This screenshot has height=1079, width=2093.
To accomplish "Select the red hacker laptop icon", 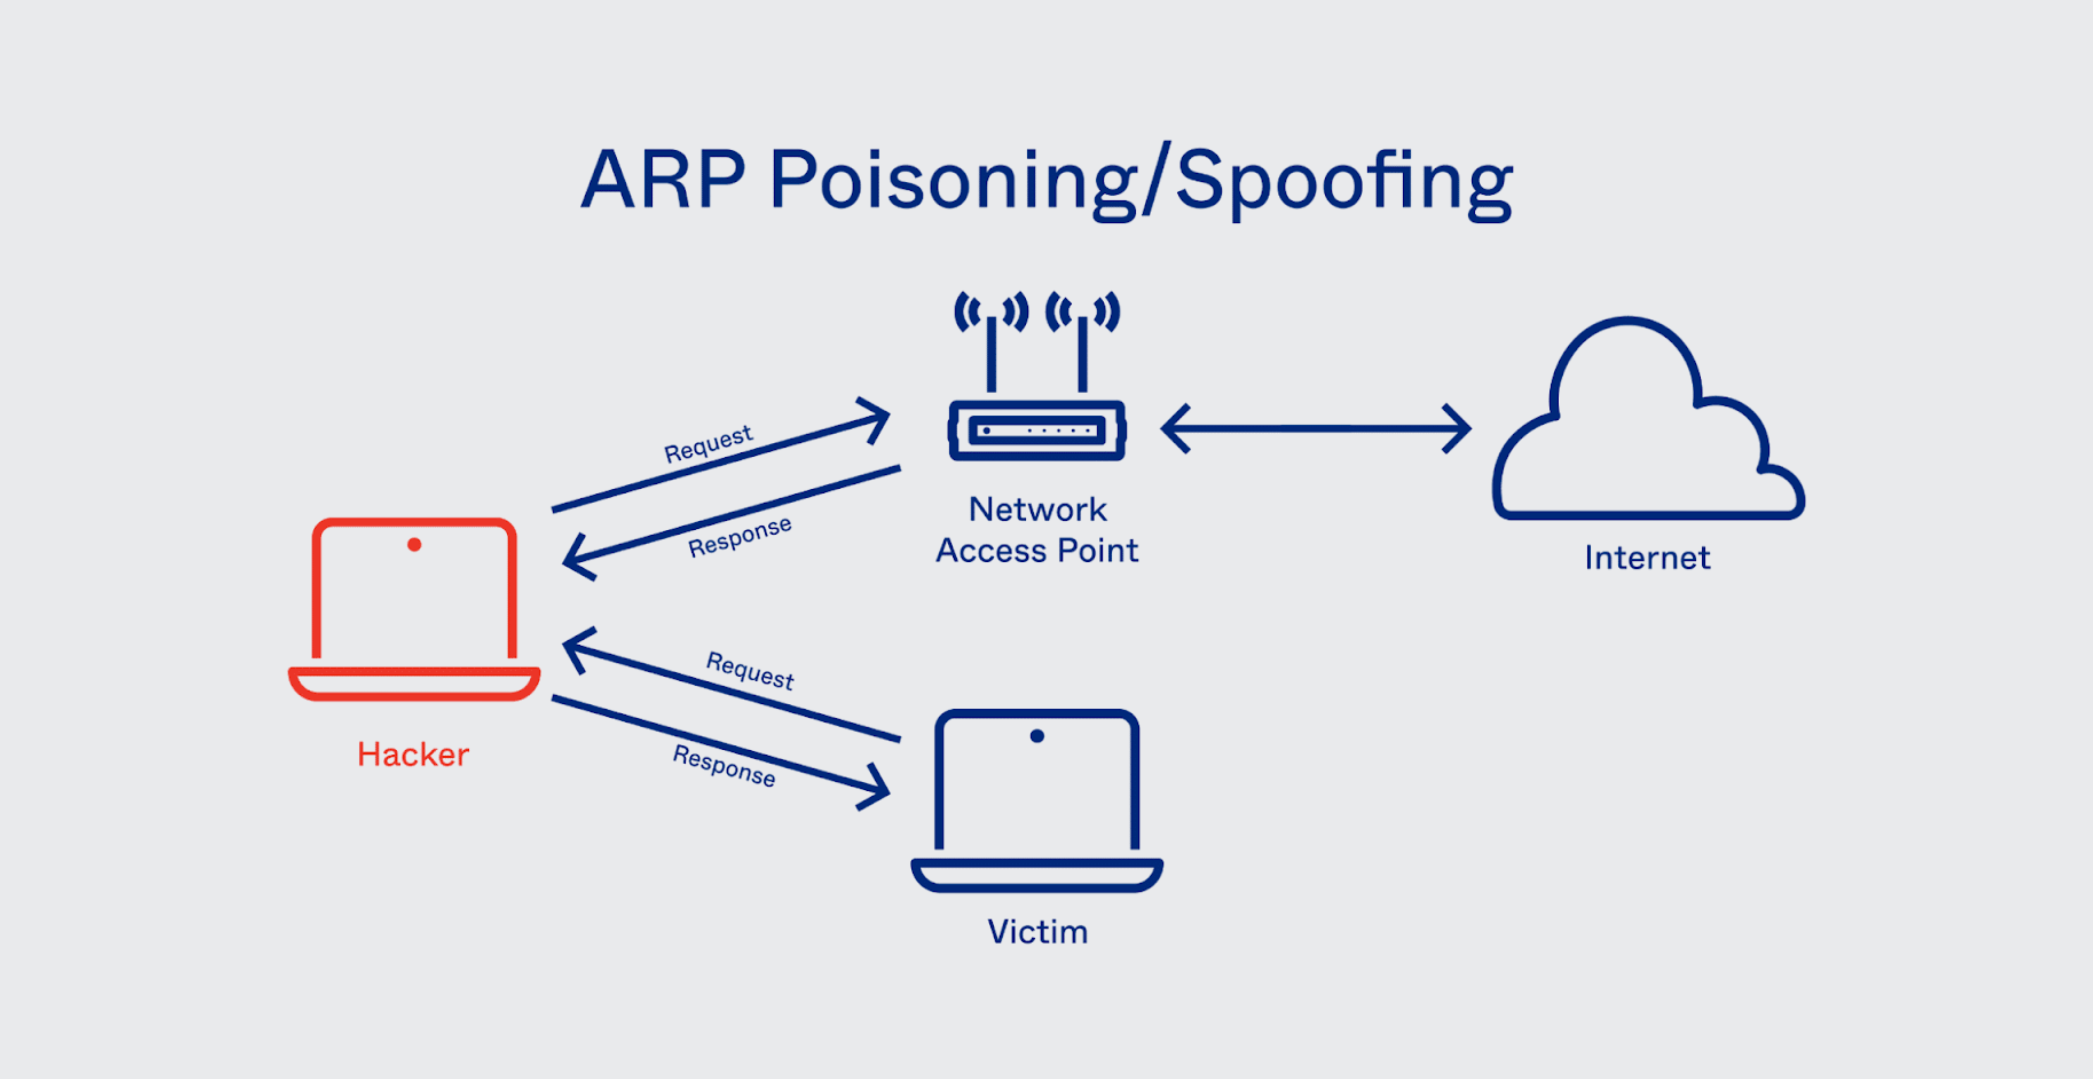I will click(x=414, y=609).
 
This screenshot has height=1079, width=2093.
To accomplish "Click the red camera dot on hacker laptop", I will click(x=414, y=545).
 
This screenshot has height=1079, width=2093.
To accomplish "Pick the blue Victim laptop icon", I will click(x=1037, y=800).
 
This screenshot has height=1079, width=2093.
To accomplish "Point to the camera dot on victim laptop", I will click(x=1037, y=736).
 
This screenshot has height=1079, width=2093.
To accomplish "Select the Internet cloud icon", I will click(x=1648, y=423).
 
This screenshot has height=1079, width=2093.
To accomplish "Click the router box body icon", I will click(x=1037, y=431).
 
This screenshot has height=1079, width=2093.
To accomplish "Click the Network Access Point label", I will click(x=1037, y=530).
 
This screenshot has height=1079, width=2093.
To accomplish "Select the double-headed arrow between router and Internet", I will click(x=1316, y=428).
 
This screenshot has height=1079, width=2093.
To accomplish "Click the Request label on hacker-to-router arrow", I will click(x=708, y=444).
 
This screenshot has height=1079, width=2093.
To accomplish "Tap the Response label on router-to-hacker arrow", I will click(x=739, y=537).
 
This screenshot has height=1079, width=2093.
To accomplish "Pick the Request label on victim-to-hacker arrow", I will click(x=749, y=670).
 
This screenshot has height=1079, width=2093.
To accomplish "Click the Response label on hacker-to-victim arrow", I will click(x=723, y=765).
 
